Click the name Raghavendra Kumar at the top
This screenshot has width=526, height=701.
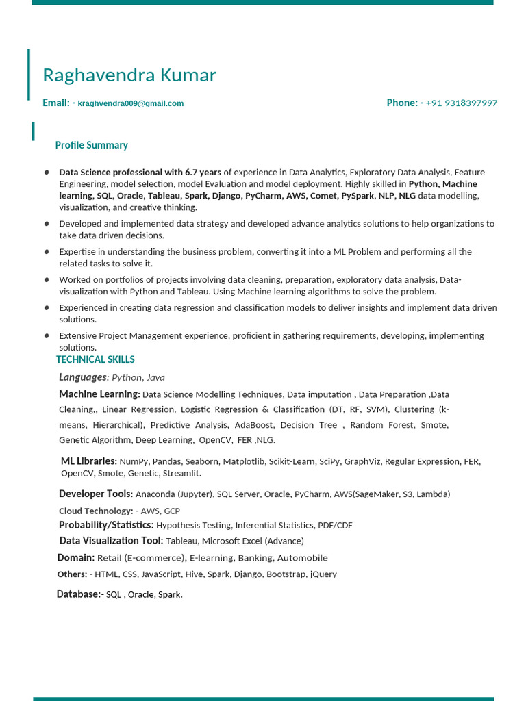click(129, 75)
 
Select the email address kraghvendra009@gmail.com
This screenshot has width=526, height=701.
click(131, 103)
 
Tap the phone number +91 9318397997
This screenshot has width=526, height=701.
click(461, 103)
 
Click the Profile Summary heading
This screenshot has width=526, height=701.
click(91, 145)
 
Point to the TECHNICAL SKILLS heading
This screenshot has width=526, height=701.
click(95, 359)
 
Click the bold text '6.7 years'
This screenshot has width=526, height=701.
click(203, 173)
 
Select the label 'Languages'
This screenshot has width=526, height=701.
click(83, 377)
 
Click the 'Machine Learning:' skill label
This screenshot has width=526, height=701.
click(99, 394)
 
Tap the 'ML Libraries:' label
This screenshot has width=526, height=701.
click(89, 461)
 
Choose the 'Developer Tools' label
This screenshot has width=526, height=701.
click(95, 494)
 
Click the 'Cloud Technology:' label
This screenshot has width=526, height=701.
click(96, 511)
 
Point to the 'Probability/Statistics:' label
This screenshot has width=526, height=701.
click(106, 525)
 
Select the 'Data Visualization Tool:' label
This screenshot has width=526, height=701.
click(111, 541)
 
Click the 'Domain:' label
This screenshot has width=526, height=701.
click(75, 558)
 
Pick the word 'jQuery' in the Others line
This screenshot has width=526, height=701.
click(323, 574)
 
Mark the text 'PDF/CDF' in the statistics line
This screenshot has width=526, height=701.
click(335, 526)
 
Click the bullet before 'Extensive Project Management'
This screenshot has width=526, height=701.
click(47, 336)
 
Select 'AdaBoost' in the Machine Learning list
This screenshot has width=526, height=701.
click(253, 425)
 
